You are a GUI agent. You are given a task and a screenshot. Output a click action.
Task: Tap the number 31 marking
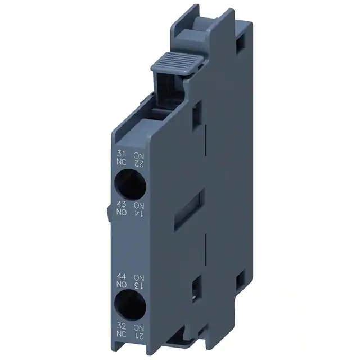(121, 154)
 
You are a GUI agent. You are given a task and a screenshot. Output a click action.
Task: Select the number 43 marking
(121, 204)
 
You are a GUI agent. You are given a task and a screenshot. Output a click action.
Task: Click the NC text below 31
(121, 162)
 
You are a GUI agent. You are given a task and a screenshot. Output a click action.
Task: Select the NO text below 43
(121, 212)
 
